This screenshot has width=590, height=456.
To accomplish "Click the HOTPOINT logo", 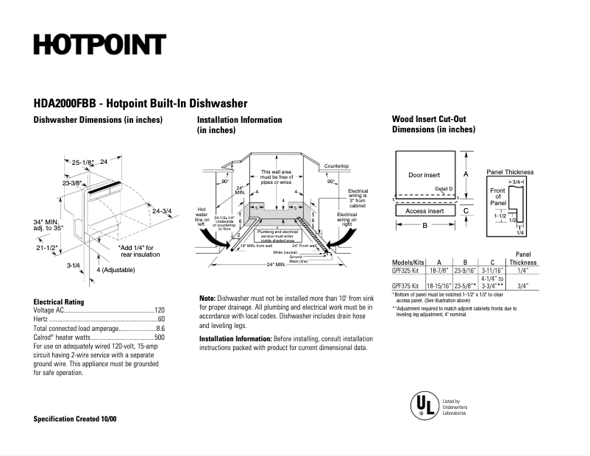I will (x=99, y=45).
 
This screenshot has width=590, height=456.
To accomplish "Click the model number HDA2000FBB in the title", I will (x=65, y=104).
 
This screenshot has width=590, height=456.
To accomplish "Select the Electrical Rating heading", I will (x=59, y=302).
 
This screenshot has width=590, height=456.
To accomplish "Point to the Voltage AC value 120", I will (x=159, y=311).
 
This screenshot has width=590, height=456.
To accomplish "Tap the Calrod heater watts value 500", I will (x=159, y=338).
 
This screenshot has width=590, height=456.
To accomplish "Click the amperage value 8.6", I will (x=160, y=329).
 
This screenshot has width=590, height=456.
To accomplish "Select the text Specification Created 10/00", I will (x=75, y=419).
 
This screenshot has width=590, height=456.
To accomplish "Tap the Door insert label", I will (x=424, y=175).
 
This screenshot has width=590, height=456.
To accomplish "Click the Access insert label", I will (x=424, y=211).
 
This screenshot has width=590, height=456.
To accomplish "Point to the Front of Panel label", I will (x=497, y=196).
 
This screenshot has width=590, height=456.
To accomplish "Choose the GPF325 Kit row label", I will (x=405, y=271).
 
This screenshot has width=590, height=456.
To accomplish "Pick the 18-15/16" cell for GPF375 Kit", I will (x=439, y=286).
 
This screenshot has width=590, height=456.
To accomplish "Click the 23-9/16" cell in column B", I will (x=465, y=271).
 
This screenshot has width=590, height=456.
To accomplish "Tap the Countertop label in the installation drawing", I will (x=336, y=167).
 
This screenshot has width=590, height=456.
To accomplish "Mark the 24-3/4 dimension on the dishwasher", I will (x=161, y=212).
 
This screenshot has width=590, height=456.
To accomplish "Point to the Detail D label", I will (x=444, y=189).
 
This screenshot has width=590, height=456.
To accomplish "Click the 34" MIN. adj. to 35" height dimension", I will (x=49, y=225).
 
